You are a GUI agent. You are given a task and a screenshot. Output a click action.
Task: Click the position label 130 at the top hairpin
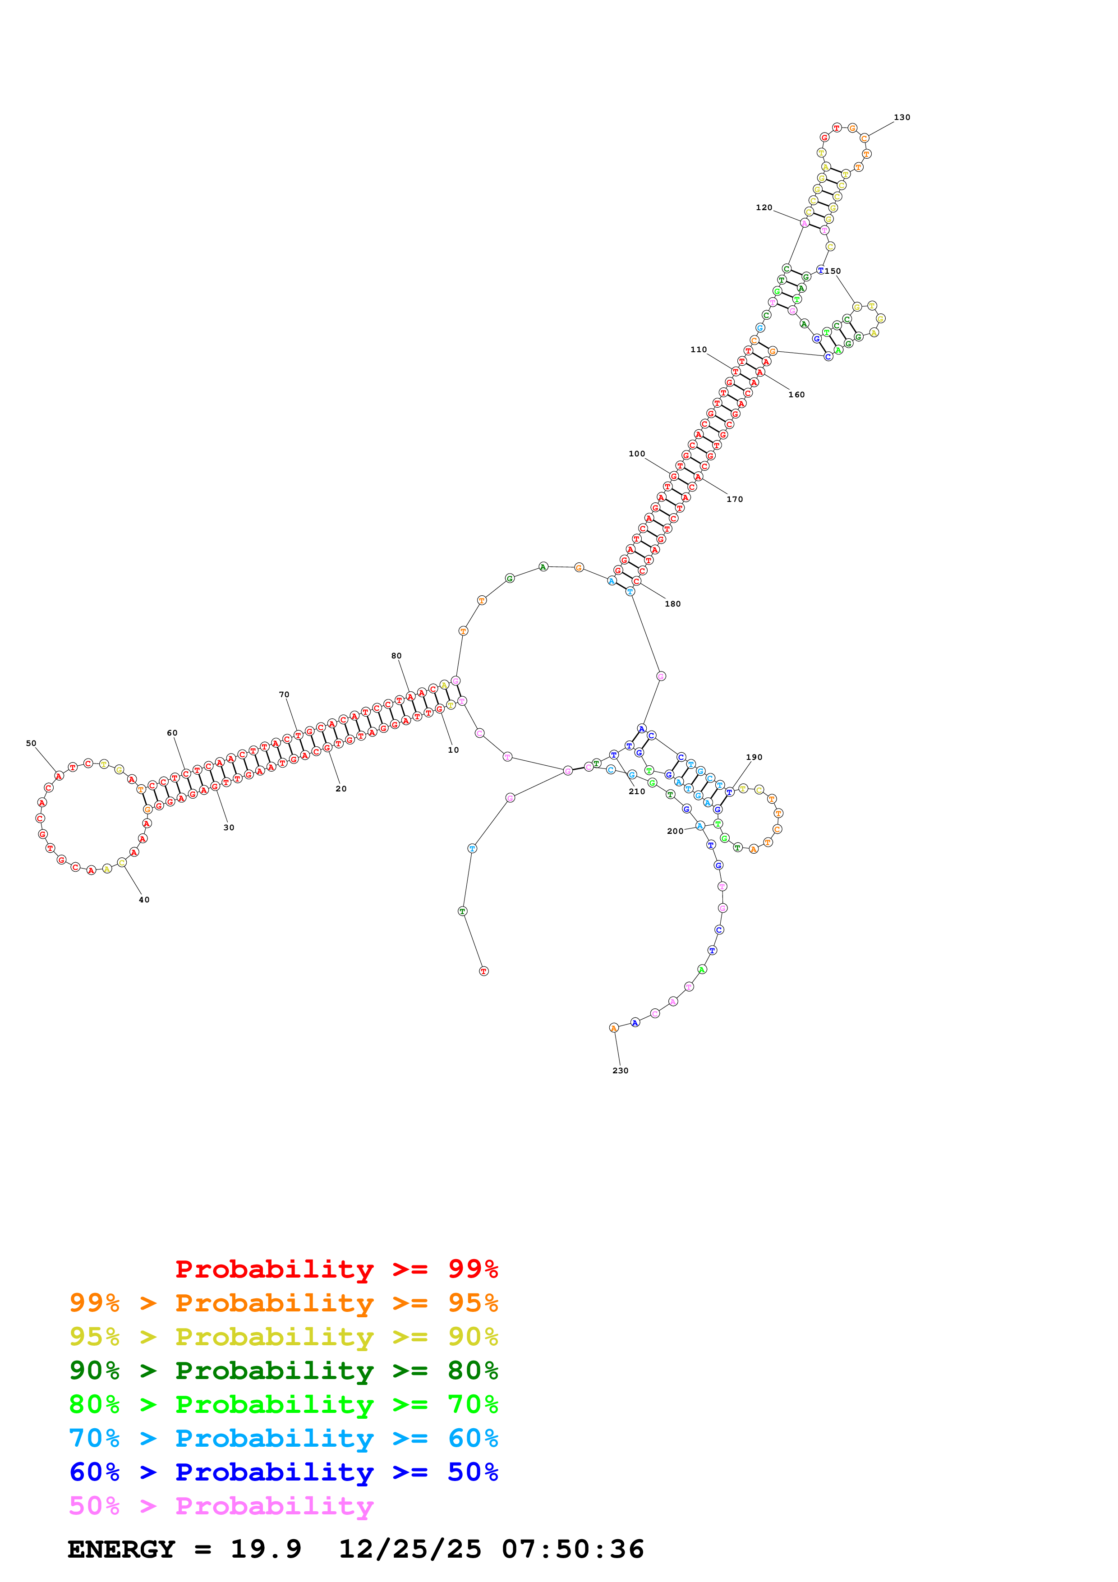901,117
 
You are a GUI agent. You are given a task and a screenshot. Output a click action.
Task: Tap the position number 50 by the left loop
31,744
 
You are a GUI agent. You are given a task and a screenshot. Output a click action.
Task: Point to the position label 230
620,1071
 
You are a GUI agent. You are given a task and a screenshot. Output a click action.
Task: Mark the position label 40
144,900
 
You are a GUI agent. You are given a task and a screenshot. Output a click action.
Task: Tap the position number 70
284,694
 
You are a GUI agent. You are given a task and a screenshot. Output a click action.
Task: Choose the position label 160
796,395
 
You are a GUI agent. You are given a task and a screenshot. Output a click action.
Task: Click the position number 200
675,832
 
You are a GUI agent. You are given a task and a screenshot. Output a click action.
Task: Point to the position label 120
764,207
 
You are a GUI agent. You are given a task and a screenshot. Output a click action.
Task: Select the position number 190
755,757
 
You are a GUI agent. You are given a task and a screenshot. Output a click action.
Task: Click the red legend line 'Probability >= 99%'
336,1269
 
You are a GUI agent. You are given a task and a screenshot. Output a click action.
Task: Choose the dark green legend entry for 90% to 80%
283,1370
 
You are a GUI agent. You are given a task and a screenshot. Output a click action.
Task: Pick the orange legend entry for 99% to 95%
283,1303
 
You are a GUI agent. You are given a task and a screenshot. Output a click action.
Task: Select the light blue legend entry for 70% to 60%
283,1438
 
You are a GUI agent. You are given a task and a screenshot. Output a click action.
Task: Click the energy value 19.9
266,1549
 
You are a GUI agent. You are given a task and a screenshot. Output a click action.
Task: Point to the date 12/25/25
410,1549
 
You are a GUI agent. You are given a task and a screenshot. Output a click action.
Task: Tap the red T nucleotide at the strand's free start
483,971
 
